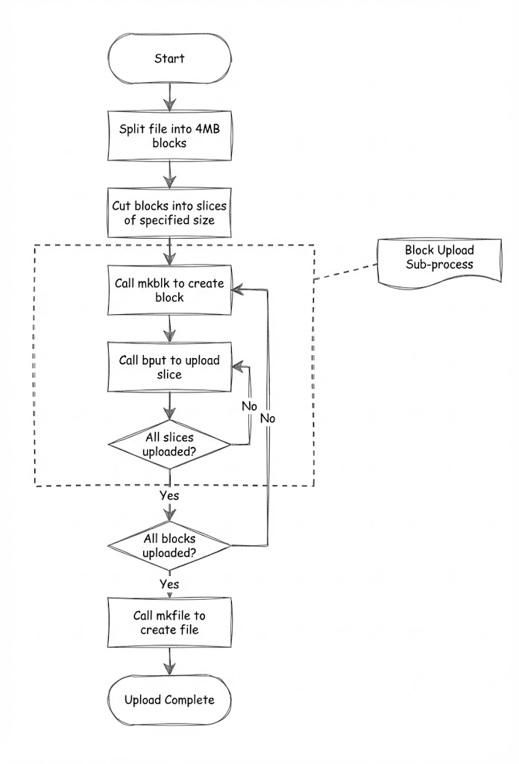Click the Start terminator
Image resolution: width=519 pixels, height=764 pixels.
[x=170, y=58]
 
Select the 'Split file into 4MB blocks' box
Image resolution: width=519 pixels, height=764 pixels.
[x=170, y=136]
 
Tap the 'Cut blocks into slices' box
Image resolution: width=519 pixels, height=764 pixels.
[x=170, y=213]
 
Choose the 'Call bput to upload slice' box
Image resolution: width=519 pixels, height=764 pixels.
[x=170, y=367]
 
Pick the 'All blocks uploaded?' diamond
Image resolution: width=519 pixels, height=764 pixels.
[x=170, y=547]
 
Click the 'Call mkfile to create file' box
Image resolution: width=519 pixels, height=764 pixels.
[x=170, y=623]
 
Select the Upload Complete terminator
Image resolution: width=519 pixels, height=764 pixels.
[x=170, y=700]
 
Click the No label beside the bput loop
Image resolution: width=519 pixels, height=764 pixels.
[x=250, y=406]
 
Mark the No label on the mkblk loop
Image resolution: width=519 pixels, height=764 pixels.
[x=268, y=419]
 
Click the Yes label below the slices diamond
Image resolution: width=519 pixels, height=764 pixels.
[x=169, y=495]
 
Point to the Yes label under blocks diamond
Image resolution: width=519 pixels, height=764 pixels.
[x=169, y=584]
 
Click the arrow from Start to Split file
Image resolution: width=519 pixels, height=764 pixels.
[x=171, y=95]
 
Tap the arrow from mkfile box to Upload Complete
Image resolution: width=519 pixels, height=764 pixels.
[x=171, y=662]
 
